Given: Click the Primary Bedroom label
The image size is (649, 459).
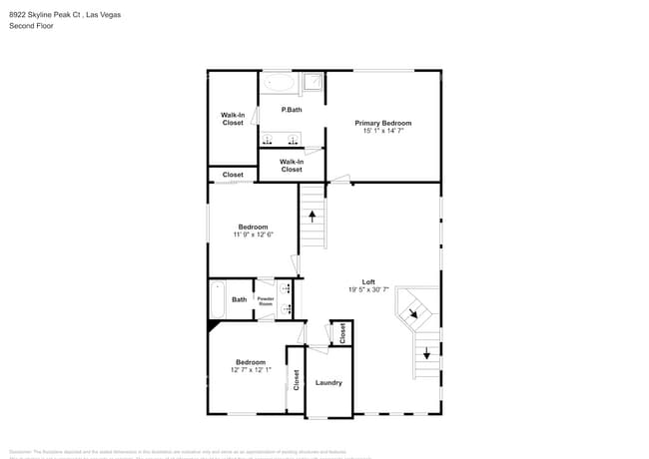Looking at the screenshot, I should pos(382,123).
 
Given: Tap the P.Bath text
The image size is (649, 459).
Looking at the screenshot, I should pos(292,109).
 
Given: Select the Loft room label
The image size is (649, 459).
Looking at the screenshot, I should pos(368,282).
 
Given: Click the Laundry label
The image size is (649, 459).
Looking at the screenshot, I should pos(328,382).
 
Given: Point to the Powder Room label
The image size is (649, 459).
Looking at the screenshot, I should pos(266,300).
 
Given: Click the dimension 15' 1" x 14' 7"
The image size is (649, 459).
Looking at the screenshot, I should pos(382,131).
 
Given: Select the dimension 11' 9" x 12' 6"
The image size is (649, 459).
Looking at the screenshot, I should pos(253,234).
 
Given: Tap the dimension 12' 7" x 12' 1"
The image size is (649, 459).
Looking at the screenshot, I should pos(251,370).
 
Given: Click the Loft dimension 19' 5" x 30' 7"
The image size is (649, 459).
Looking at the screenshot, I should pos(368,290).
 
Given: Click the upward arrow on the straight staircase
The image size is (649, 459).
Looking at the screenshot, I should pos(314,214).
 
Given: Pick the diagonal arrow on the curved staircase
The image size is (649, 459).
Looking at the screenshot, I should pos(413,314).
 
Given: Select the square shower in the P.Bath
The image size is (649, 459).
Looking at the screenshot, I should pos(313,83).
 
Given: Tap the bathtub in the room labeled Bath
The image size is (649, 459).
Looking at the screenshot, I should pos(218,299).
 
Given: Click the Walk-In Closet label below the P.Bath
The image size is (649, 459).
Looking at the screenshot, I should pos(292,166).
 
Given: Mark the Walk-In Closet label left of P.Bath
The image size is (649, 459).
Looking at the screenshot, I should pos(233,119).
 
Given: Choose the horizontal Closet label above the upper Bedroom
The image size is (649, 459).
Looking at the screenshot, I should pos(233,175).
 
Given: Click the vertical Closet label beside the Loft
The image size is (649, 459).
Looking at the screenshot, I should pos(342,333).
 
